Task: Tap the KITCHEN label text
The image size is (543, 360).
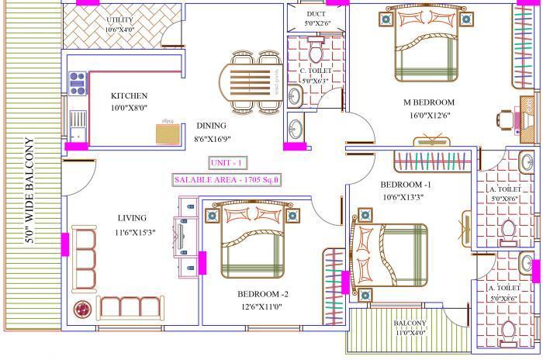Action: [x=125, y=95]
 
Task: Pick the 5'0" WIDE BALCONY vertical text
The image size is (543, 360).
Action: [x=29, y=191]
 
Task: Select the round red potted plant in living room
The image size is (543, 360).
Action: [x=80, y=308]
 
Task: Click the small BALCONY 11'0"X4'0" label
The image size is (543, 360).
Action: [x=409, y=327]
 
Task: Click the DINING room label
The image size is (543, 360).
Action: [x=211, y=125]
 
